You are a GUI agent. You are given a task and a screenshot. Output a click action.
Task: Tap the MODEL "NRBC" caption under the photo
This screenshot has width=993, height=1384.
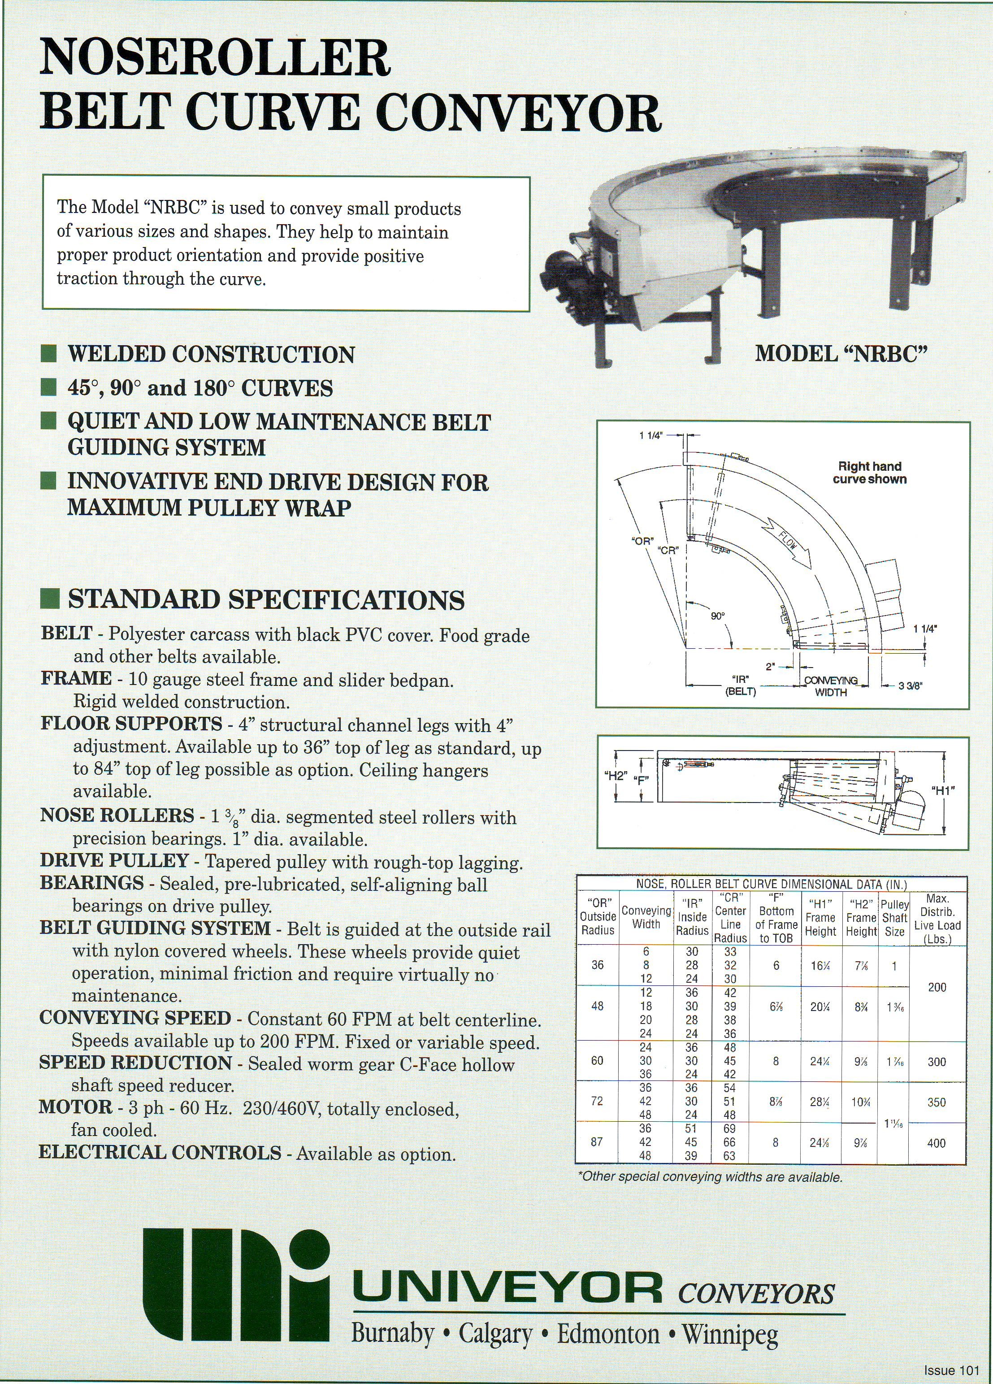pos(841,353)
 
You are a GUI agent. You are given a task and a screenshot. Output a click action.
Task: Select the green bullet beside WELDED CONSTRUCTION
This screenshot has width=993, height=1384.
pos(49,354)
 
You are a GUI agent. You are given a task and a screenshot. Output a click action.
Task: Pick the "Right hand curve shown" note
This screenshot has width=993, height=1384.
pos(870,473)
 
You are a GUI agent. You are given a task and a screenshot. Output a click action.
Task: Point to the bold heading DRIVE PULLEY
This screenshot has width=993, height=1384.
pos(114,860)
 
